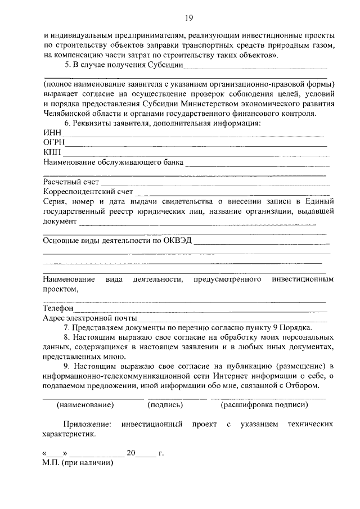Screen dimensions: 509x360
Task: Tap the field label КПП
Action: point(52,153)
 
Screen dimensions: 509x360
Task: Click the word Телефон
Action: point(58,308)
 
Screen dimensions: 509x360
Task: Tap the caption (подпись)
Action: point(165,404)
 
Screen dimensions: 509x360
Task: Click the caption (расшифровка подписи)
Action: point(264,404)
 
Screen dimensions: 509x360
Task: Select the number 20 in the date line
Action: point(132,453)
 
